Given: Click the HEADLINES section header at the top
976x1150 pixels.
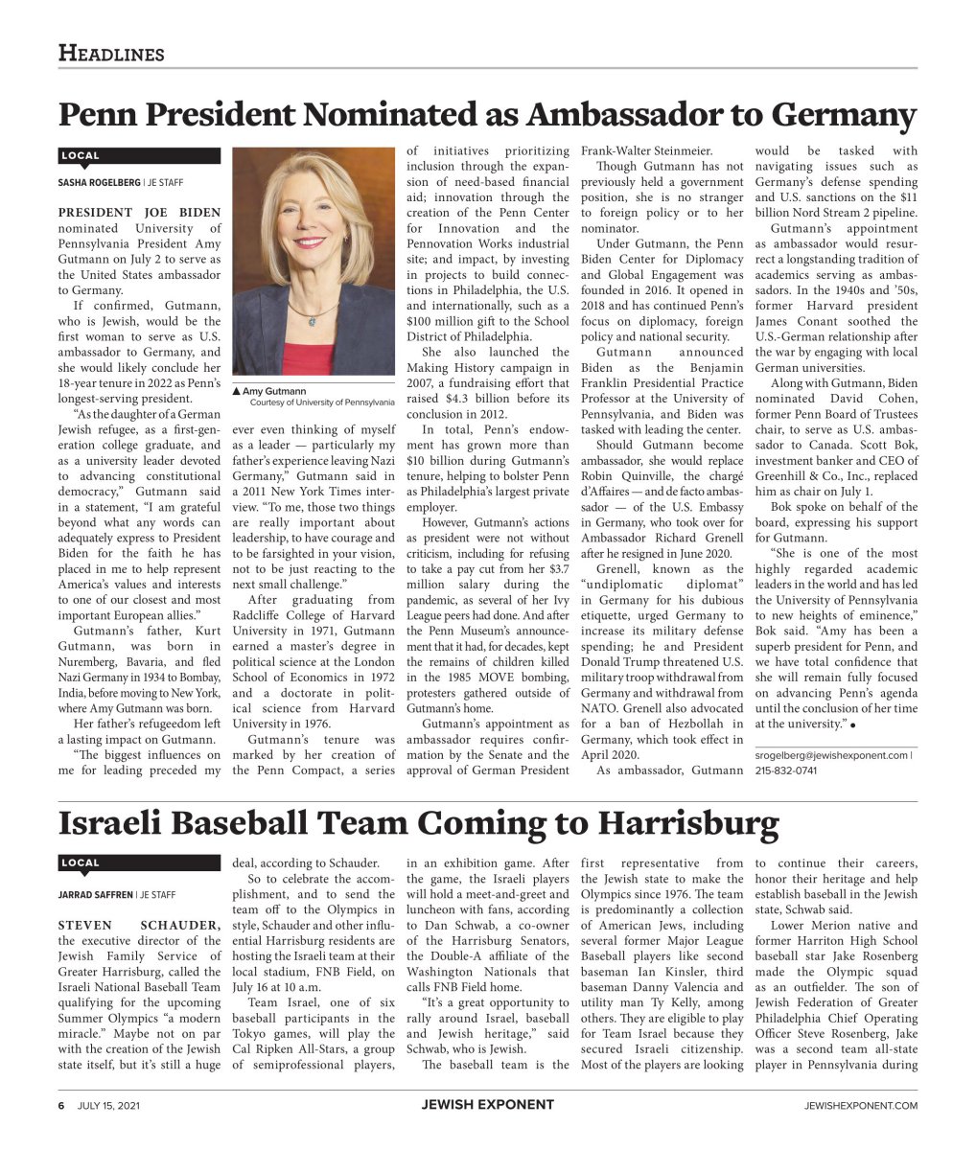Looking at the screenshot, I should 111,53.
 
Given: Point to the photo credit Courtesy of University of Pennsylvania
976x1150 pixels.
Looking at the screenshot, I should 321,402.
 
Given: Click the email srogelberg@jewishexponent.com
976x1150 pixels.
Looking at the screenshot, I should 831,755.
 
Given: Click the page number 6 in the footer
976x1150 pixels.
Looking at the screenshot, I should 60,1105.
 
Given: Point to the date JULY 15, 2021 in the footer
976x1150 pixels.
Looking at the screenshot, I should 108,1105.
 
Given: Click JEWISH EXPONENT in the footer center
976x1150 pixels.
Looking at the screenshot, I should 487,1105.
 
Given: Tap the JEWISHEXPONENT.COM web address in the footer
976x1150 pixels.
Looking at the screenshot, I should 860,1106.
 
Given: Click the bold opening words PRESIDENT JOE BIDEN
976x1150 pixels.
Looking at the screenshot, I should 139,213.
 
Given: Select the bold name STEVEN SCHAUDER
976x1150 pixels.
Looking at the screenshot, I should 139,926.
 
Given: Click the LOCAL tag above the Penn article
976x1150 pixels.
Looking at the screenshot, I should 81,155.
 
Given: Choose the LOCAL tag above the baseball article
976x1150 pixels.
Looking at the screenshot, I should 81,862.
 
